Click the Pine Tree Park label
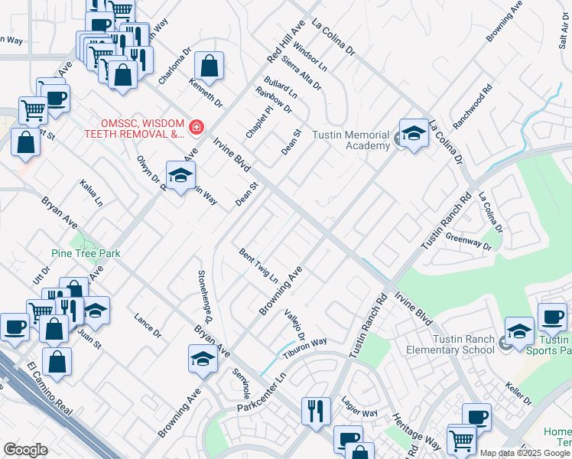86,253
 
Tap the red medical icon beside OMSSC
197,127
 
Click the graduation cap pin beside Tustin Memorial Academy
413,135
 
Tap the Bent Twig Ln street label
258,265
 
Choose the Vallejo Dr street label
295,325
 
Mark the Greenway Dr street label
468,241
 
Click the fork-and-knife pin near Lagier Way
314,411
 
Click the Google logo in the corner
25,450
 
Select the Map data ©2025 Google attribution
525,453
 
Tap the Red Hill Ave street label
285,42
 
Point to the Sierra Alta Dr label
301,72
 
